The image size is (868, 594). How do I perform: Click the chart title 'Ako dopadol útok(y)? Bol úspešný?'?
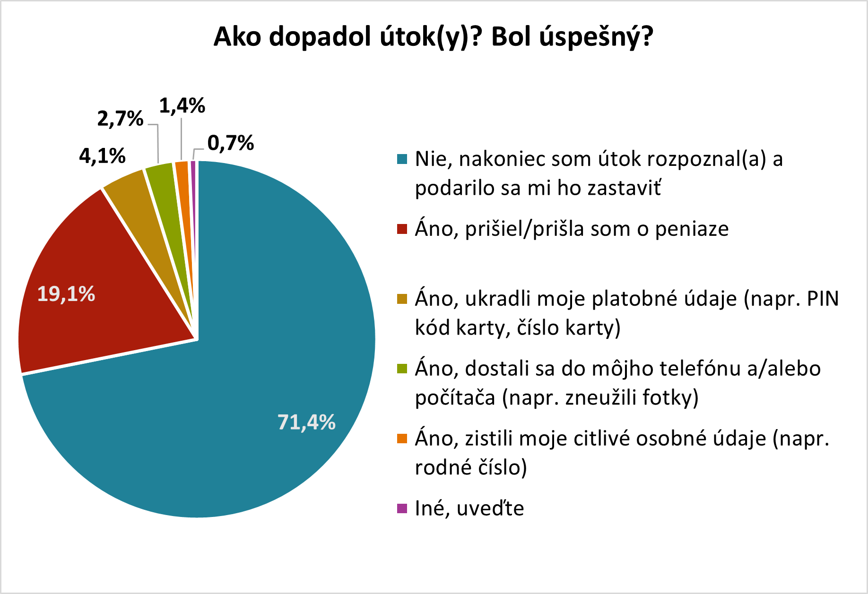pyautogui.click(x=433, y=37)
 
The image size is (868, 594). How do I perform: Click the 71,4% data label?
pyautogui.click(x=306, y=422)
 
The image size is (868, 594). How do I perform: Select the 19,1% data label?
pyautogui.click(x=66, y=294)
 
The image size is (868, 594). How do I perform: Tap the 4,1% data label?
pyautogui.click(x=102, y=155)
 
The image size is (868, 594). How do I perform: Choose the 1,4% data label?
pyautogui.click(x=182, y=105)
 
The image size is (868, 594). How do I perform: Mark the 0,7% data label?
pyautogui.click(x=231, y=143)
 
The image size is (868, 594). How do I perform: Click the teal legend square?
pyautogui.click(x=402, y=159)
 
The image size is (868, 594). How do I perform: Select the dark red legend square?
pyautogui.click(x=402, y=229)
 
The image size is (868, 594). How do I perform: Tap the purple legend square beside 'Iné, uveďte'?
pyautogui.click(x=402, y=508)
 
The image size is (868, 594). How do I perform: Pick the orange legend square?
pyautogui.click(x=402, y=439)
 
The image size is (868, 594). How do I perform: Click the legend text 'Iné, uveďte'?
pyautogui.click(x=469, y=508)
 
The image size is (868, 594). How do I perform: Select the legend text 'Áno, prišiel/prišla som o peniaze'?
pyautogui.click(x=572, y=229)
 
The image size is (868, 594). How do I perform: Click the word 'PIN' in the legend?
pyautogui.click(x=822, y=299)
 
